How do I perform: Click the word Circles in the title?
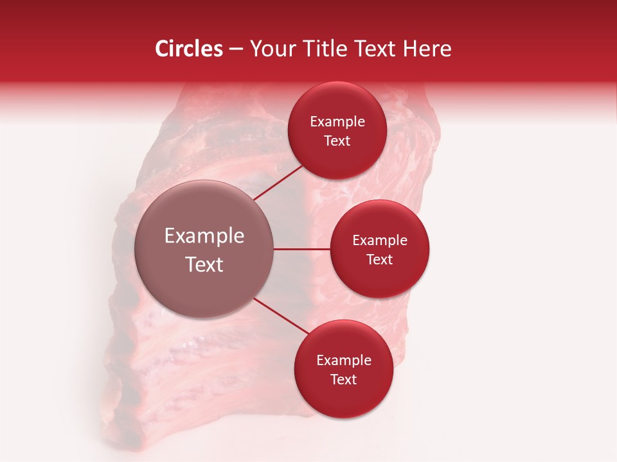(x=188, y=49)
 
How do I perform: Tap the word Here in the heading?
(x=426, y=49)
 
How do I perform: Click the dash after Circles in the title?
(x=236, y=49)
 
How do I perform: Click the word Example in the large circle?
(x=204, y=236)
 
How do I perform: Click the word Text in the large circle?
(x=204, y=264)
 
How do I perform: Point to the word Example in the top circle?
(x=337, y=122)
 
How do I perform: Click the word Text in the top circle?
(x=337, y=141)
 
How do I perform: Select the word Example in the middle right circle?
(x=379, y=241)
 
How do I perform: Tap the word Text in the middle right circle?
(x=379, y=260)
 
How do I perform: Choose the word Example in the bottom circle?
(x=343, y=361)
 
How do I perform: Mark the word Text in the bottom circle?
(x=343, y=380)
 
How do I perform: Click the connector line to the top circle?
(x=279, y=182)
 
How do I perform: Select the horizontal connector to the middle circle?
(x=301, y=249)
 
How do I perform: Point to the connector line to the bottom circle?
(x=282, y=316)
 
